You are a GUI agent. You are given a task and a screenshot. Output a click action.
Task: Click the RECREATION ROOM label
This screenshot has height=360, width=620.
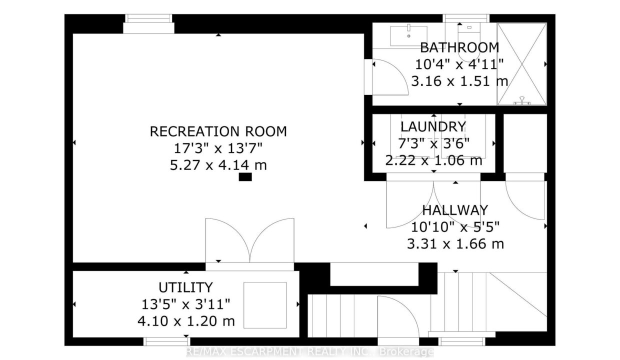[218, 131]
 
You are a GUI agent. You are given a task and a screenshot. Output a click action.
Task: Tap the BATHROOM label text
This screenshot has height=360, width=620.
[459, 48]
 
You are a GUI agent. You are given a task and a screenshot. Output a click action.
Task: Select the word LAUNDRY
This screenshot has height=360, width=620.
[433, 127]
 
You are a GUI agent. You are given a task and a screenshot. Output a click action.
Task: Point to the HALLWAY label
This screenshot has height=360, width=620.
[455, 210]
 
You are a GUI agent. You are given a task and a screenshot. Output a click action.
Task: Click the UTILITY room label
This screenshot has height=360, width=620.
[185, 288]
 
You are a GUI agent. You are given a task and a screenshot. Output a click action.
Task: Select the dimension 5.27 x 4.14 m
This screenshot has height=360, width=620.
[218, 165]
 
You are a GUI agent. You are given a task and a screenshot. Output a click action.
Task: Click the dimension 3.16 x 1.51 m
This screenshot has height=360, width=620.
[459, 81]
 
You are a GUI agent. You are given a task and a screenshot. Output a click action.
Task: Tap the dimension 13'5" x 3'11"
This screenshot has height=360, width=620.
[185, 304]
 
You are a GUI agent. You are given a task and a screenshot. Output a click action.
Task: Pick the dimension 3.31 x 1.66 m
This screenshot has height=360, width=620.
[455, 244]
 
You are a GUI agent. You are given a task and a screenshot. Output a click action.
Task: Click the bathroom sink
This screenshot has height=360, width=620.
[408, 35]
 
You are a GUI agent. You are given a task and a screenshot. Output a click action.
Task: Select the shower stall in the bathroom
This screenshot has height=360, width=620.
[521, 64]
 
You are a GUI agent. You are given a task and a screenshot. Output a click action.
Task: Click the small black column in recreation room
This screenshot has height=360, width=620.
[245, 177]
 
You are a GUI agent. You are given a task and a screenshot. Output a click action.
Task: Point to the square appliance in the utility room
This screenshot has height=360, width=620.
[265, 305]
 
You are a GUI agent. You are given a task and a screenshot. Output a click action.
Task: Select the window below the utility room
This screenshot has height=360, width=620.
[167, 341]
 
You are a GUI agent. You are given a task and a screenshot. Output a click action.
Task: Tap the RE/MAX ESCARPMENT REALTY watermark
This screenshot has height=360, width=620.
[309, 351]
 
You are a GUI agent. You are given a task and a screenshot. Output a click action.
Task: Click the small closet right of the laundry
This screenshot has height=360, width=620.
[525, 143]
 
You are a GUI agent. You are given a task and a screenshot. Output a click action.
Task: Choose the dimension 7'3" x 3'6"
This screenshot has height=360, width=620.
[433, 144]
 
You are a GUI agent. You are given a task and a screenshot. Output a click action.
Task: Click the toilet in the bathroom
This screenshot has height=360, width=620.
[469, 41]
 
